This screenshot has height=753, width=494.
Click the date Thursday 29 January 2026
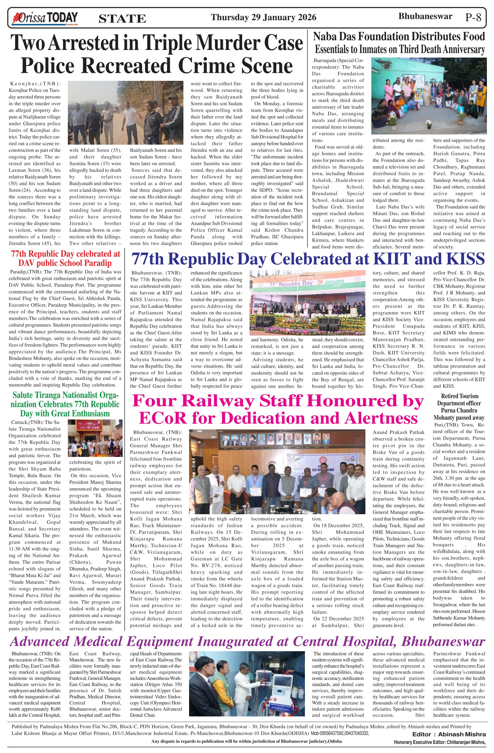point(263,17)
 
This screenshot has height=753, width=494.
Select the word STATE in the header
point(122,19)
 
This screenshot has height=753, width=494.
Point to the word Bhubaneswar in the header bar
point(425,16)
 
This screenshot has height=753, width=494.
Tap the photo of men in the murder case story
point(125,113)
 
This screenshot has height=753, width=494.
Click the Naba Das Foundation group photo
point(429,96)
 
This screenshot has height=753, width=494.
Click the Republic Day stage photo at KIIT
point(307,302)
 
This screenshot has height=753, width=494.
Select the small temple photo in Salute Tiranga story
point(95,438)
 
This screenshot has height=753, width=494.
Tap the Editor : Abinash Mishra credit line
point(449,734)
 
